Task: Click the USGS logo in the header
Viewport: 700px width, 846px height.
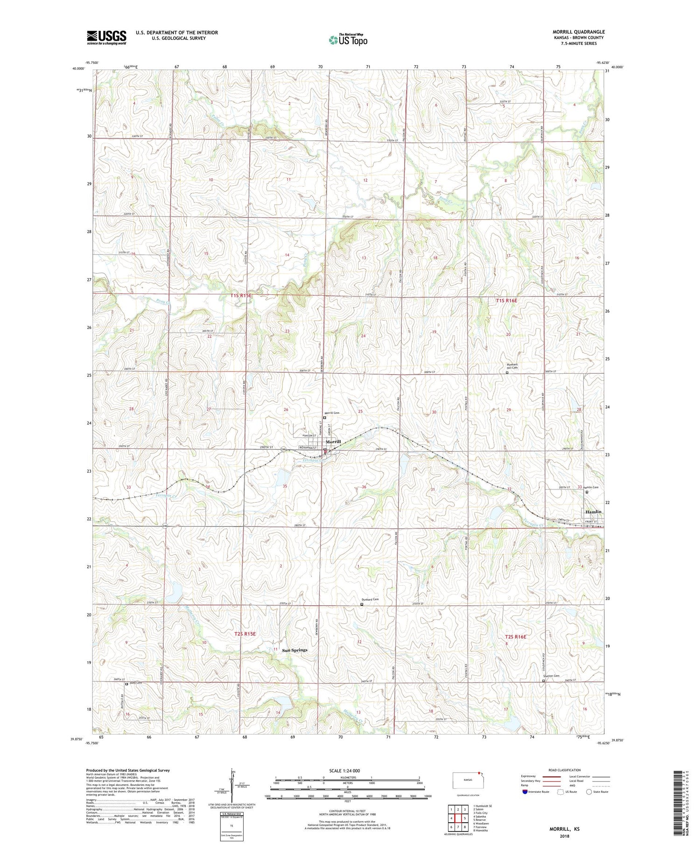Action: pos(106,37)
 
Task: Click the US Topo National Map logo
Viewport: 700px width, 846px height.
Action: pos(348,40)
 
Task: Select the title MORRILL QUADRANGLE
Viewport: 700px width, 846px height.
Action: pos(579,32)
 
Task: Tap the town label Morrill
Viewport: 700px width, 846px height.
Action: pos(333,441)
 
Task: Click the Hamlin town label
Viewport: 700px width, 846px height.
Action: pos(593,512)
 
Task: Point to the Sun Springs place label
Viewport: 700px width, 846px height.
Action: pos(295,650)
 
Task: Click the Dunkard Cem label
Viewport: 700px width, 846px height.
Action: pos(370,600)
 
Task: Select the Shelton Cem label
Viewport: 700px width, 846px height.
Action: pos(551,676)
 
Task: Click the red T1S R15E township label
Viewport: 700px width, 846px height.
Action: pos(241,296)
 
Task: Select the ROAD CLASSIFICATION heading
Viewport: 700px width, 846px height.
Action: pos(565,770)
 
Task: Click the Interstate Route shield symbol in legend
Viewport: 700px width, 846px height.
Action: pos(525,792)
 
